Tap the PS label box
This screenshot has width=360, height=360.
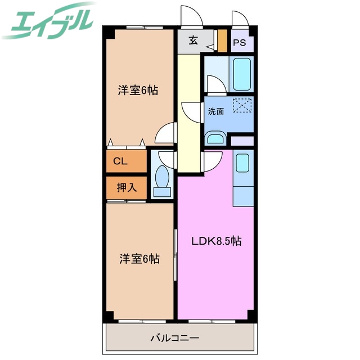click(240, 43)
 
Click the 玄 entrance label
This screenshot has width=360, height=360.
click(193, 40)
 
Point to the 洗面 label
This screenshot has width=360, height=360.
click(216, 111)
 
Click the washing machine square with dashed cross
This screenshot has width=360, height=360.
click(242, 105)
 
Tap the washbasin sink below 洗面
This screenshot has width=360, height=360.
click(214, 138)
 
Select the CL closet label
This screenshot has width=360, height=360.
click(120, 161)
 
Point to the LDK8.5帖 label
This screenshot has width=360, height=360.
click(217, 241)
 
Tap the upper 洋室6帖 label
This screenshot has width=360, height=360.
click(138, 90)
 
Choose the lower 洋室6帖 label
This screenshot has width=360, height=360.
click(139, 259)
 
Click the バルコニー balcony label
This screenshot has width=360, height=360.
click(174, 339)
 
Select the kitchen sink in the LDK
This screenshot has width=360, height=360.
click(242, 163)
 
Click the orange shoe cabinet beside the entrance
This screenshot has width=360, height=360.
click(222, 40)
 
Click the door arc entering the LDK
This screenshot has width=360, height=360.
click(212, 163)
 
